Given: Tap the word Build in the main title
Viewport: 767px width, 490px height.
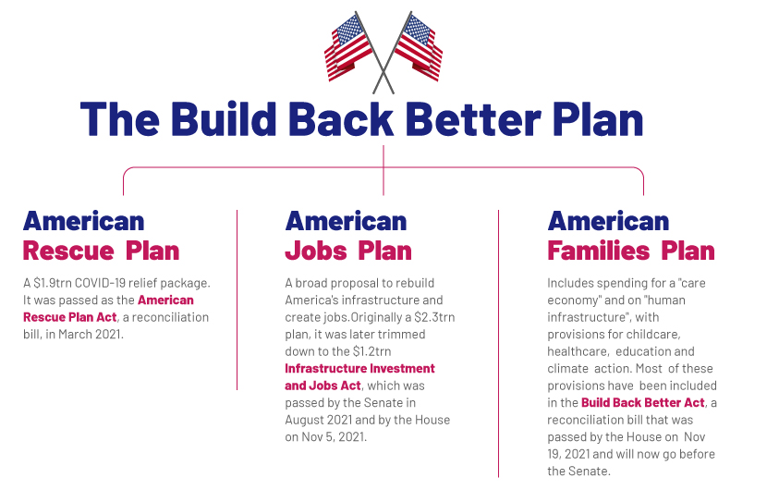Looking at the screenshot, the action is click(x=224, y=119).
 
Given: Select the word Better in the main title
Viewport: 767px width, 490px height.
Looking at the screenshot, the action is click(x=473, y=119).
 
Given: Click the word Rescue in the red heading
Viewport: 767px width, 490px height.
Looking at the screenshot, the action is click(x=68, y=251).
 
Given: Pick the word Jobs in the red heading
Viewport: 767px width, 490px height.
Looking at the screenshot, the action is click(x=316, y=251).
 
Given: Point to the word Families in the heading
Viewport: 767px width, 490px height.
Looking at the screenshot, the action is click(x=598, y=251).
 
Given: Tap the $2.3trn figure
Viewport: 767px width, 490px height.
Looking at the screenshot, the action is click(x=434, y=317).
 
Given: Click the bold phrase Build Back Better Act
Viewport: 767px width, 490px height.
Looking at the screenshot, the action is click(x=643, y=402).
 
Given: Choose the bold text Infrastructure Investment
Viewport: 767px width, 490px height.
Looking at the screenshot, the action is click(x=359, y=368).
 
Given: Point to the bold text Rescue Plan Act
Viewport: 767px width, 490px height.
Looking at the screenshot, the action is click(x=70, y=317).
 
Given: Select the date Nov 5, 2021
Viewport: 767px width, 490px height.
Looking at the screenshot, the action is click(x=333, y=436).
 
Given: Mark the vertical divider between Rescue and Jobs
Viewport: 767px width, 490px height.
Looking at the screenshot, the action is click(x=237, y=300).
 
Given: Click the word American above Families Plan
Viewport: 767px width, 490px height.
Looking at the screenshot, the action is click(x=608, y=221).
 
